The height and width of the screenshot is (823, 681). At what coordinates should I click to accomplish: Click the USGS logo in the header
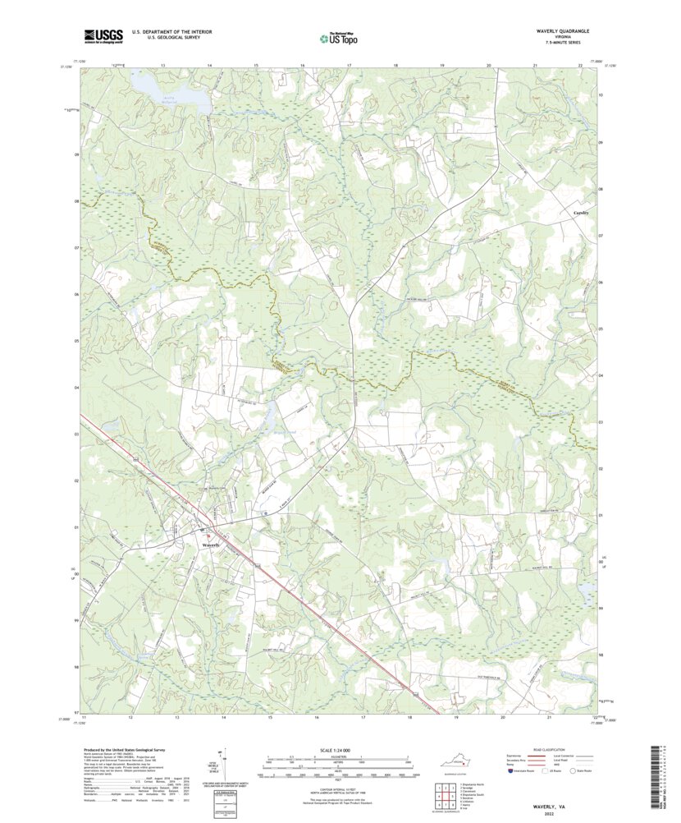tap(103, 35)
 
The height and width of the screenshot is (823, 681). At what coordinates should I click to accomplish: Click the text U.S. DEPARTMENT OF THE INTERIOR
tap(166, 31)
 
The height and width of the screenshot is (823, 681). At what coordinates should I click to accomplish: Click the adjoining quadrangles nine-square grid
tap(444, 795)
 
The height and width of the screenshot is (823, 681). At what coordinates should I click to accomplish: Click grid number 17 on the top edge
tap(350, 64)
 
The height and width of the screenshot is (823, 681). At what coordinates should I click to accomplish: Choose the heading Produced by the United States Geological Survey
tap(130, 751)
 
